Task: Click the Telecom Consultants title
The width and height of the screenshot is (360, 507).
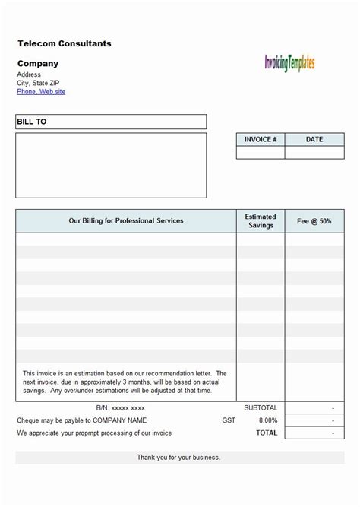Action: [65, 44]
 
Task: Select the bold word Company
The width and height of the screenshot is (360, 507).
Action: [37, 64]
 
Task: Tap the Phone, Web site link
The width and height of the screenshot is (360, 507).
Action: [41, 92]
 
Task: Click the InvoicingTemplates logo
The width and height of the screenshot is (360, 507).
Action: [289, 63]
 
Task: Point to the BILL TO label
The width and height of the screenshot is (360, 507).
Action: [32, 122]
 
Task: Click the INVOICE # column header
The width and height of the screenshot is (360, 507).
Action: [261, 140]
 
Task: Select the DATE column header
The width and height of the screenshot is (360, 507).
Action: [314, 140]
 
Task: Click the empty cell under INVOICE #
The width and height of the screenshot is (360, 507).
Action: [261, 153]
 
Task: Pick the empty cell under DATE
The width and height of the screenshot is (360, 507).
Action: [314, 153]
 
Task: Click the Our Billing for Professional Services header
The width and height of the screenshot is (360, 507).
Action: [126, 221]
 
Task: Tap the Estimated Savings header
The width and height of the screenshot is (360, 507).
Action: [261, 221]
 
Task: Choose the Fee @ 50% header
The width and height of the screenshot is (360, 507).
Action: [314, 221]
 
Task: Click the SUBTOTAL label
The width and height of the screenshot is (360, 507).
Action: [261, 408]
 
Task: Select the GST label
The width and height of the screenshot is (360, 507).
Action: [229, 420]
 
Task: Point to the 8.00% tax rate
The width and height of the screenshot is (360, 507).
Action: [268, 420]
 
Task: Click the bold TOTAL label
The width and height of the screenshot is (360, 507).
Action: [267, 433]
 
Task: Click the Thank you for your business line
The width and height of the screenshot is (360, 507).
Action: [178, 458]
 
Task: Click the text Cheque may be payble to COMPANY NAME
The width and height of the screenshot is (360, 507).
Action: [82, 420]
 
